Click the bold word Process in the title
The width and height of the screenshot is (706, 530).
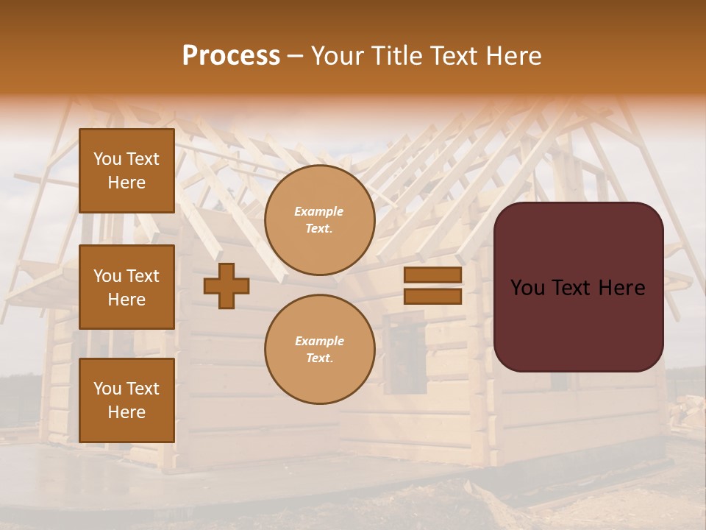231,55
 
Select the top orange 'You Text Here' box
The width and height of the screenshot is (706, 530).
126,171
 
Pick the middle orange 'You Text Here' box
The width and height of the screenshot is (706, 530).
126,287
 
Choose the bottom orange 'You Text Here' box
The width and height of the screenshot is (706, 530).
126,400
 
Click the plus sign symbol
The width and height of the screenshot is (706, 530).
227,286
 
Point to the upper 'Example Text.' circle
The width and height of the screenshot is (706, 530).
320,220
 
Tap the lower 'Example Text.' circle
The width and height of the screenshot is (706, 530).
320,349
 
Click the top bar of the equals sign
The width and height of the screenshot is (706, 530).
432,275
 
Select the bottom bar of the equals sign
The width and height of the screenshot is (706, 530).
432,296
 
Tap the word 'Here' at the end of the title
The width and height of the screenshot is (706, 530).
515,55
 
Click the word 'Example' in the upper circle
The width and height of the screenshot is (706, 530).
318,211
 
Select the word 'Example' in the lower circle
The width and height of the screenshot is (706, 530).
319,341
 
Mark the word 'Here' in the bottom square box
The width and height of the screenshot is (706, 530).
126,412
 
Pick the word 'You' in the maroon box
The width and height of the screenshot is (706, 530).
527,288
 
